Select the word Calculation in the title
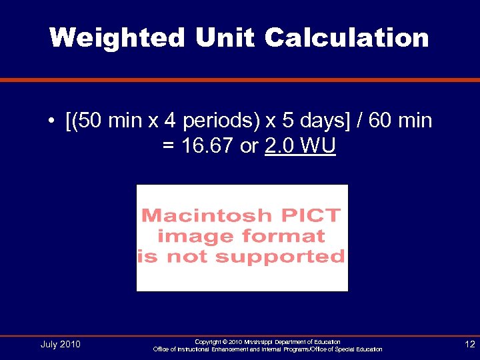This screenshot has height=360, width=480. tap(347, 37)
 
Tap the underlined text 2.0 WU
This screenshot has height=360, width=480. tap(300, 146)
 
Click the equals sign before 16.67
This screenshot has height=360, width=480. tap(168, 146)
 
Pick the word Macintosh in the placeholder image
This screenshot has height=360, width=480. tap(198, 216)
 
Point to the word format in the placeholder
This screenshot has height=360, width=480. tap(283, 236)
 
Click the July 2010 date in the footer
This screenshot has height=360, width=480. tap(60, 344)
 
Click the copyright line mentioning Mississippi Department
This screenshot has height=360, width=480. tap(267, 341)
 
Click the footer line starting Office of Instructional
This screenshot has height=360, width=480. tap(267, 349)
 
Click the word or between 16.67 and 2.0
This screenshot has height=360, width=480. tap(248, 146)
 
